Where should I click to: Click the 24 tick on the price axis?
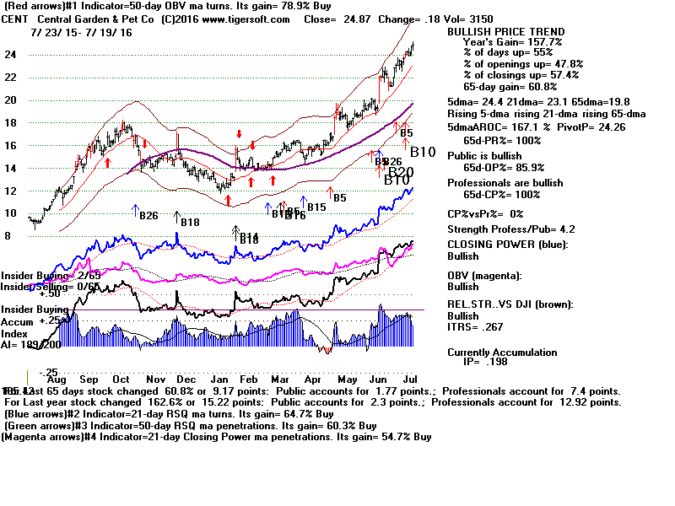point(13,54)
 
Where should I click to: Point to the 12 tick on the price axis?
point(13,191)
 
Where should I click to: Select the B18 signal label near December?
point(189,222)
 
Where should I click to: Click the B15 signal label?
point(316,207)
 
